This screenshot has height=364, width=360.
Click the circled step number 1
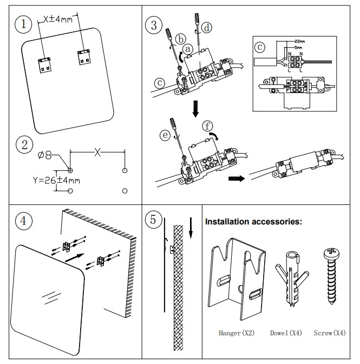(22, 24)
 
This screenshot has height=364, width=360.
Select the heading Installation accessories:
(253, 222)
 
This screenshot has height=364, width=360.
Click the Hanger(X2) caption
(236, 333)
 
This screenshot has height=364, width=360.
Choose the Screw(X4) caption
(330, 333)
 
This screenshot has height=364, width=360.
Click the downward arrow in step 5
(191, 227)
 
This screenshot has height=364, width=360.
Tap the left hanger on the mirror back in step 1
(44, 63)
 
